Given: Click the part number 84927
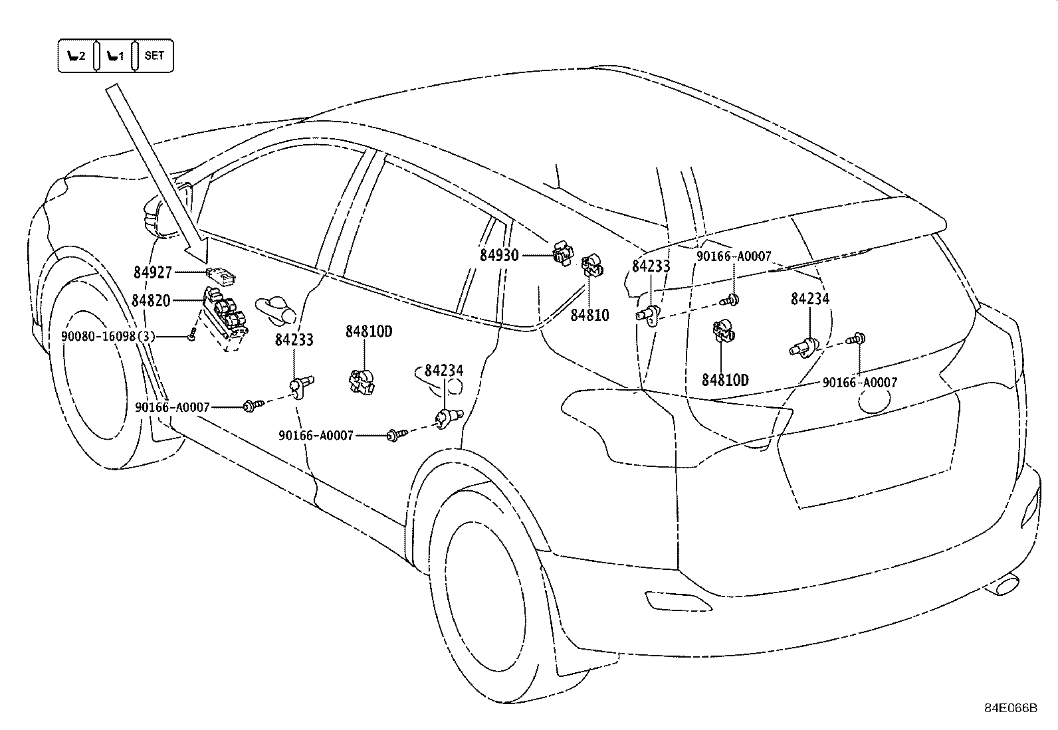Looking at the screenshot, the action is [153, 272].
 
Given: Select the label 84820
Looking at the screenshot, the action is [151, 300].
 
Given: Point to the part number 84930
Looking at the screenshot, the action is [499, 256].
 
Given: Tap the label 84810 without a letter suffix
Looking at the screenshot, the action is [589, 315].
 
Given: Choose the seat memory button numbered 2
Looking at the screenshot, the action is [76, 56].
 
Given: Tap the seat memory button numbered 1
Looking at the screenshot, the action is [115, 56].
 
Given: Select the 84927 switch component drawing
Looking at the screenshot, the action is [221, 276].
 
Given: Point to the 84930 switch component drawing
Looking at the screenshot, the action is [563, 253].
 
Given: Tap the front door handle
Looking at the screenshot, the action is [275, 310].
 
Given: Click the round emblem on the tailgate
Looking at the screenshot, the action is [874, 400].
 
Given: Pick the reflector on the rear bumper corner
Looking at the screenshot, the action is [678, 602].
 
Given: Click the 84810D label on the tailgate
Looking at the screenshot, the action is [725, 380].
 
